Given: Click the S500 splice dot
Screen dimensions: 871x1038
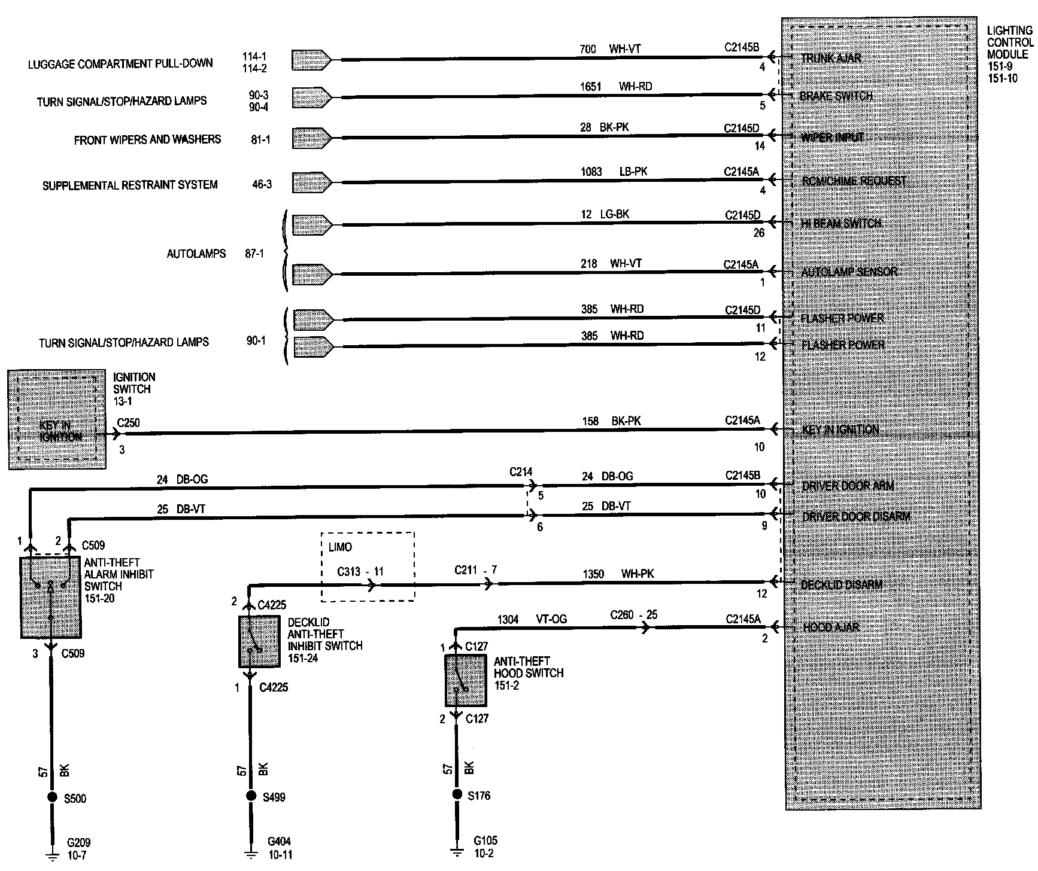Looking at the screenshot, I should tap(51, 797).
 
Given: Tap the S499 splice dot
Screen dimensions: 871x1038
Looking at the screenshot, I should tap(251, 796).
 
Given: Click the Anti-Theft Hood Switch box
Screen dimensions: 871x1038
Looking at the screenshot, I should tap(465, 681).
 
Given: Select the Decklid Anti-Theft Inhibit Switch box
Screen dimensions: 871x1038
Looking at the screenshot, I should tap(259, 642).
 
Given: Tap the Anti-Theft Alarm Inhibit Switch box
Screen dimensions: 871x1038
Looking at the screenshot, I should tap(50, 598).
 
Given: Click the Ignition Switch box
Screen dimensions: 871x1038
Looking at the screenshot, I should tap(57, 419).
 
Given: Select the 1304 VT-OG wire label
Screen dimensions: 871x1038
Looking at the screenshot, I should tap(532, 620).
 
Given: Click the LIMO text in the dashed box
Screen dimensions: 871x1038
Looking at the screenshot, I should tap(340, 547).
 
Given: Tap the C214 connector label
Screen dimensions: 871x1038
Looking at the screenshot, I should tap(521, 472).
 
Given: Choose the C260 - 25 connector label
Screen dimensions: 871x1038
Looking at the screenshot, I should tap(633, 615).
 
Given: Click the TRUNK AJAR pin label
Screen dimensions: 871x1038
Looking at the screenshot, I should tap(831, 58).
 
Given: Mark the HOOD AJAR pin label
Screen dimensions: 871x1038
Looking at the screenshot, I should tap(830, 627).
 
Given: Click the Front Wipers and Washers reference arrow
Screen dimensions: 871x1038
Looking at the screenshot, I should tap(312, 138).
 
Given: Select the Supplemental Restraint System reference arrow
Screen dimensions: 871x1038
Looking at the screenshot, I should tap(312, 183).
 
